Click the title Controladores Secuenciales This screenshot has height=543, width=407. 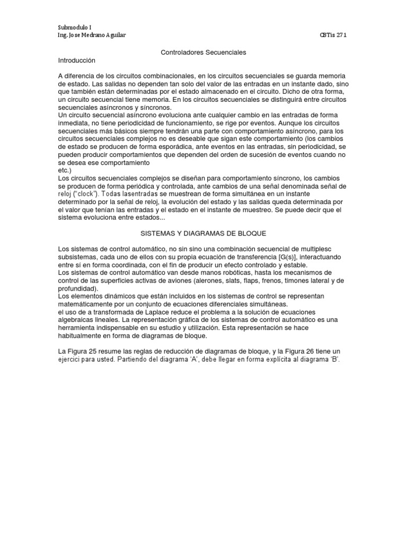tap(203, 53)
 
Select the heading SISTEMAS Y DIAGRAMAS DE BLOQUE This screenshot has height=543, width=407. tap(203, 233)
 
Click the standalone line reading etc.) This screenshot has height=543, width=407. tap(64, 171)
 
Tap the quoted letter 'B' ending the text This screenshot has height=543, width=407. tap(334, 360)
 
